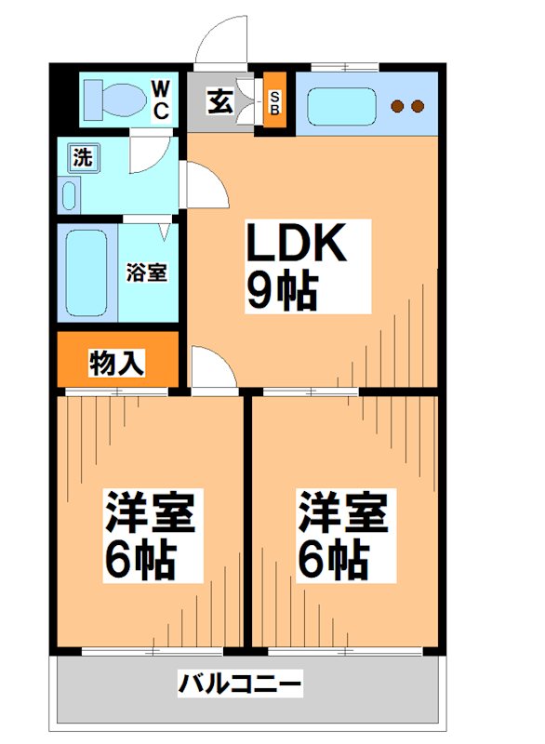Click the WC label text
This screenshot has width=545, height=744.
(x=160, y=100)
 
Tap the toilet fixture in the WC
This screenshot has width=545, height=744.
(x=110, y=97)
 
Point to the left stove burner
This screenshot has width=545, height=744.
(x=397, y=106)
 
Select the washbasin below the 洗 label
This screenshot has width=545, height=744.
(x=70, y=195)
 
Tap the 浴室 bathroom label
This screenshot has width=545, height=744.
(x=147, y=273)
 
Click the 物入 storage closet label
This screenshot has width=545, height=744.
(x=117, y=363)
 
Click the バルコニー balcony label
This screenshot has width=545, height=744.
(x=240, y=686)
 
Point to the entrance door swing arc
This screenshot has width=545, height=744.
(x=223, y=42)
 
